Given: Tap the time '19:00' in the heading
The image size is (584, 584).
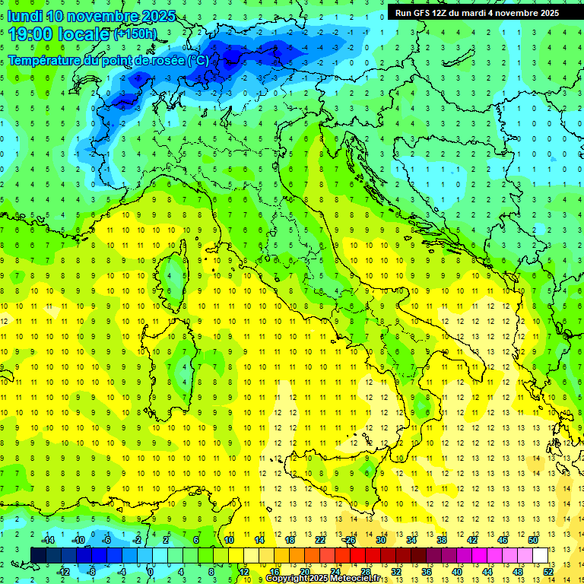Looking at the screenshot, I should pos(30,33).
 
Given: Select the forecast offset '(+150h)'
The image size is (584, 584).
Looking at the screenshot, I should pos(135,34).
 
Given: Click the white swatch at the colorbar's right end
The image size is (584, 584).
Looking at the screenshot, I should pos(540,555).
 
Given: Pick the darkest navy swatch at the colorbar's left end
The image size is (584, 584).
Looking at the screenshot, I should pos(38,555).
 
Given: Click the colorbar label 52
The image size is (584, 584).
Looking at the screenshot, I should pos(548,571).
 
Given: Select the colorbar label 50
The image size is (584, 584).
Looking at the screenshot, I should pos(533,540).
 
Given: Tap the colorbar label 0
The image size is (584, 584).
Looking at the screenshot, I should pos(151,571).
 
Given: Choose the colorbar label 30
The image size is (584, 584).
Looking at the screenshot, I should pos(380,540).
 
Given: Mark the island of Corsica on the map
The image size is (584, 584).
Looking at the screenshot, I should pos(176,274).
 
